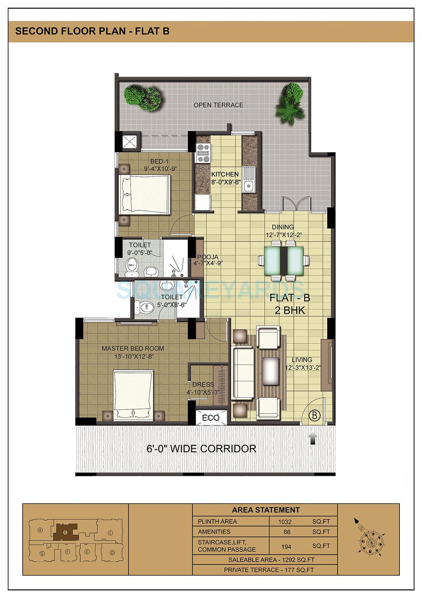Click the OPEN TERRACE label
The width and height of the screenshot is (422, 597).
coord(218,105)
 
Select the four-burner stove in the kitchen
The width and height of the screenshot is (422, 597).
coord(203,153)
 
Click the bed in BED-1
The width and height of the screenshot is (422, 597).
coord(144,195)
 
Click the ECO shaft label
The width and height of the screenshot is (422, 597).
coord(211,418)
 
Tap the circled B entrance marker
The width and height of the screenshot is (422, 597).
coord(315,415)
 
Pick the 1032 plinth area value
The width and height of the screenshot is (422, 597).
coord(285,522)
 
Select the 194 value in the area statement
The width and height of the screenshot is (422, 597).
coord(286,547)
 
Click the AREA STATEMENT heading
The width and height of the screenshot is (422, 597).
coord(266,510)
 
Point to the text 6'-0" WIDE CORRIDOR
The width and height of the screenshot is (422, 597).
coord(202,449)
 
